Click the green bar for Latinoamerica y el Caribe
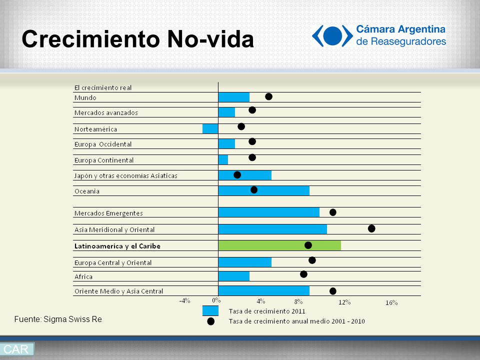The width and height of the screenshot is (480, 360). click(x=279, y=245)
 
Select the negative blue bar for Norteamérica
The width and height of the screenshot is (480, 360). click(x=210, y=129)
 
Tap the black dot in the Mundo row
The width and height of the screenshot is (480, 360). click(x=269, y=96)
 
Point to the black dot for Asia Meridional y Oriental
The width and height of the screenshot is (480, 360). click(x=371, y=228)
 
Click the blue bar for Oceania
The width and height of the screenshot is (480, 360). click(x=264, y=190)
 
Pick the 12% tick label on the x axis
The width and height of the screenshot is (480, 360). click(x=344, y=302)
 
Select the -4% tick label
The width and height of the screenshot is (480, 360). click(x=184, y=301)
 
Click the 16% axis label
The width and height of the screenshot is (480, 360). click(x=391, y=303)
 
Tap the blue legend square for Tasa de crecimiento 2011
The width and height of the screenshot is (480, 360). click(x=210, y=310)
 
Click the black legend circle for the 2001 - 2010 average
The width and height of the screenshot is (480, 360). click(x=210, y=321)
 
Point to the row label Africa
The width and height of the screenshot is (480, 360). click(x=83, y=276)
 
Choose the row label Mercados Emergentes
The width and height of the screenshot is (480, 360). click(x=108, y=213)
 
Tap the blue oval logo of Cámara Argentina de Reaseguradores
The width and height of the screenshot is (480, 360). click(x=332, y=36)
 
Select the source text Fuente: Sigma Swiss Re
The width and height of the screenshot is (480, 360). click(x=58, y=319)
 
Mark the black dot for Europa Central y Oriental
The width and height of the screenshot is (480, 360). click(x=312, y=260)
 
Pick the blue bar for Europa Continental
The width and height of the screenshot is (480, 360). click(x=223, y=159)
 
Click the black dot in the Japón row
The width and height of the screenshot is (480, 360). click(x=237, y=175)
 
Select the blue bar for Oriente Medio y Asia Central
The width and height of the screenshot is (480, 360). click(x=264, y=291)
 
